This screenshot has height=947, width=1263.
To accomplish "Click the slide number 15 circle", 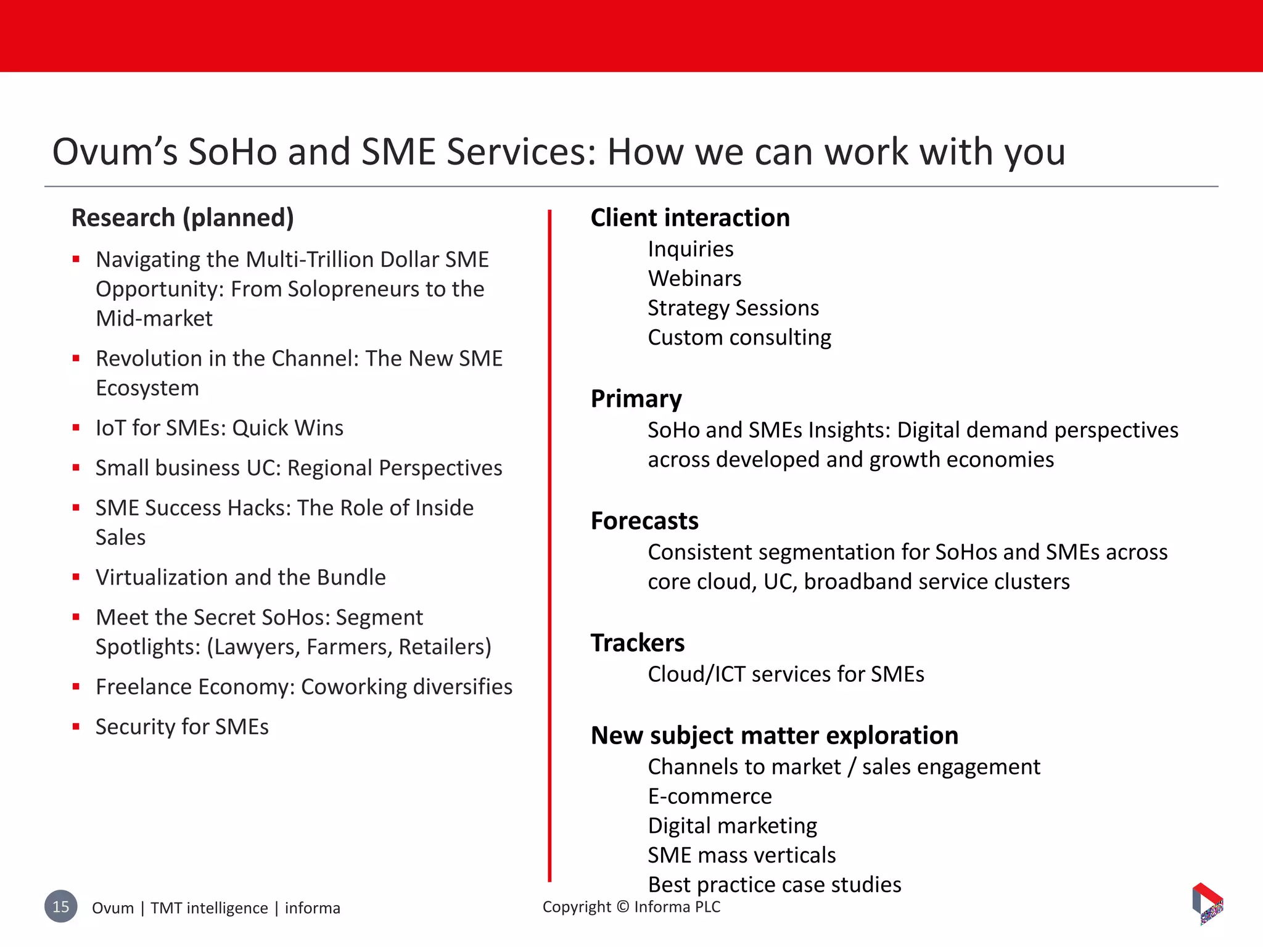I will [61, 906].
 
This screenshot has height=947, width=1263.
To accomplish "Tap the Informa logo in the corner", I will [1207, 904].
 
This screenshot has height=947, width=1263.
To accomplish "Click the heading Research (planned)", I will [183, 218].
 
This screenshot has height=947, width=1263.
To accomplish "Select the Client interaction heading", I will [689, 218].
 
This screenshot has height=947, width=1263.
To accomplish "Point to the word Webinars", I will [694, 279].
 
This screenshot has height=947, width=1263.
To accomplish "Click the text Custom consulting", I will [739, 338].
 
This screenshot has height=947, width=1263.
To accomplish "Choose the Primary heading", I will [636, 399].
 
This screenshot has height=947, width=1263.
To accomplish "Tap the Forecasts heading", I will [644, 521].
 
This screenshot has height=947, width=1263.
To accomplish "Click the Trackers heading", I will [637, 643].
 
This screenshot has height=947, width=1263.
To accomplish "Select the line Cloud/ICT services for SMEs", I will [786, 674].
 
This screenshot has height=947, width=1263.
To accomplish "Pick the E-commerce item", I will [709, 797].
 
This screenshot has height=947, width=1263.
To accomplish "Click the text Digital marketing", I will [732, 826].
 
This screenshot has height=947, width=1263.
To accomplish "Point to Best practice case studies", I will [774, 885].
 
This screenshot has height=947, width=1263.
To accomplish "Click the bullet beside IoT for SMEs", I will [76, 428].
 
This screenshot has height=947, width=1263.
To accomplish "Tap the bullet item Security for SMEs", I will [182, 727].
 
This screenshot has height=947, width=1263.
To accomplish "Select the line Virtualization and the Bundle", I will [241, 578].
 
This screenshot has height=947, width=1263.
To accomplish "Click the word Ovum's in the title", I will [115, 152].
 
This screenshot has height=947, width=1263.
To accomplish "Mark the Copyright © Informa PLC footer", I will [631, 907].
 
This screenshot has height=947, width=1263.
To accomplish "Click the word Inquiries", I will [690, 249].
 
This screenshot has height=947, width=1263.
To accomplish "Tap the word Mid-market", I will [154, 319].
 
